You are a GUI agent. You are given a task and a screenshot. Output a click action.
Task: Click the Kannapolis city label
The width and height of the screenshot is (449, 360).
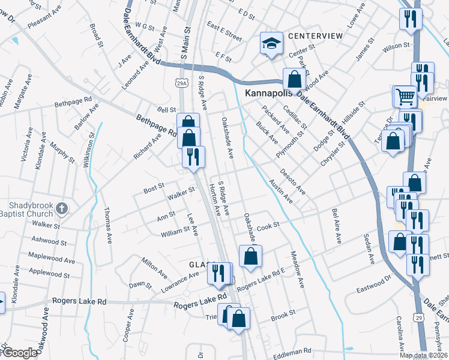click(x=268, y=93)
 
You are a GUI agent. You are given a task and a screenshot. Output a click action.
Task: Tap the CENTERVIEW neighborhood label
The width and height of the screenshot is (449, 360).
click(x=315, y=36)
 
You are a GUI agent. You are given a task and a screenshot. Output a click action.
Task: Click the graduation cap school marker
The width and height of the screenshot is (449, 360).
click(x=271, y=43)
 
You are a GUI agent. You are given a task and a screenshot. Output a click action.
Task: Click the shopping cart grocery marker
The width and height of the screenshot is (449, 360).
click(x=405, y=96)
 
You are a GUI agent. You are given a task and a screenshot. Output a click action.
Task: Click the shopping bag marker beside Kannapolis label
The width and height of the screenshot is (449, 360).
click(x=295, y=79)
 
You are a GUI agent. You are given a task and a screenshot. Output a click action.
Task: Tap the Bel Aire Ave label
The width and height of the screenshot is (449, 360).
click(x=336, y=226)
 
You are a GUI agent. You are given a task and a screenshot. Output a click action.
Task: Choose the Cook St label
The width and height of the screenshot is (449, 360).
click(x=268, y=226)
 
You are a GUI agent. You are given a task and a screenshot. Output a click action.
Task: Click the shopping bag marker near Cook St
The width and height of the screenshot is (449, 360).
click(x=250, y=256)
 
